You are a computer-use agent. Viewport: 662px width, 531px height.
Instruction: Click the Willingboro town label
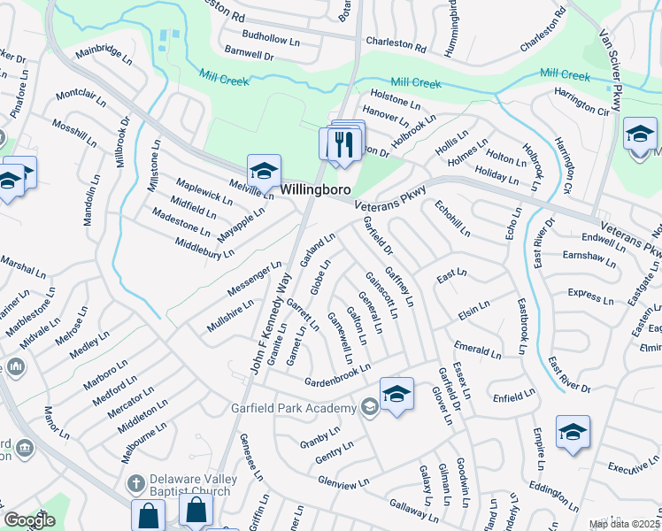pos(316,190)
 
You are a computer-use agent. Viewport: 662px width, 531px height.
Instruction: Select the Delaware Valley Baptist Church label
pos(194,484)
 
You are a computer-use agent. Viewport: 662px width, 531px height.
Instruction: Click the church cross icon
pos(135,484)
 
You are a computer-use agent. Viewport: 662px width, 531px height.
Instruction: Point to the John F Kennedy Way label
pos(271,323)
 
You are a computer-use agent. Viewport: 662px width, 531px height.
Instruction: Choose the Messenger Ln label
pos(258,279)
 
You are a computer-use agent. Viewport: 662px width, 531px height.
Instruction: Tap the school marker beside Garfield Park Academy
pos(397,395)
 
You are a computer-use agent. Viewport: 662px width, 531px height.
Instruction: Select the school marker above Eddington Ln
pos(573,433)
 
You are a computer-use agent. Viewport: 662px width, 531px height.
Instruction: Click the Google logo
pos(30,519)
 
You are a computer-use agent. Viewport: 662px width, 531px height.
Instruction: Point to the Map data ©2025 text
pos(625,524)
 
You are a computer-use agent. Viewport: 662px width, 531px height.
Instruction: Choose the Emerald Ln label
pos(477,350)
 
